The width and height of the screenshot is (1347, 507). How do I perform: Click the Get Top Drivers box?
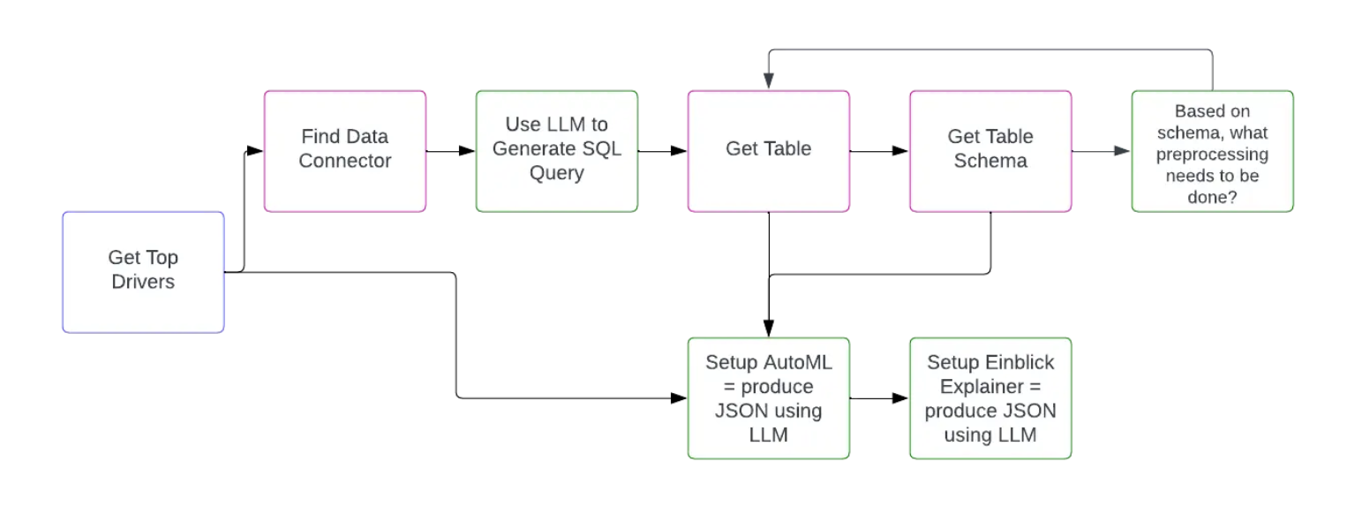143,271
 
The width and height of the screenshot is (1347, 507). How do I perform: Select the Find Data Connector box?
344,150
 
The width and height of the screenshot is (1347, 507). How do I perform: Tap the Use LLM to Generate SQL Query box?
556,150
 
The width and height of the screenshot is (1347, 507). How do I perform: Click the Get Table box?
768,150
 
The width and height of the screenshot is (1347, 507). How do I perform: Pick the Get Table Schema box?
990,150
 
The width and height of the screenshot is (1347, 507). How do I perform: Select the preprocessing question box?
1212,150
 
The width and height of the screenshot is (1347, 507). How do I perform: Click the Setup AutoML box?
768,397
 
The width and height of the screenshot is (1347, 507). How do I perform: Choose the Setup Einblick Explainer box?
990,397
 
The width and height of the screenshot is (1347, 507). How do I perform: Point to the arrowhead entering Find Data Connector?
255,151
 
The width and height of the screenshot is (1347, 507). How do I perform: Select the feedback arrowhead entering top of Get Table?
769,82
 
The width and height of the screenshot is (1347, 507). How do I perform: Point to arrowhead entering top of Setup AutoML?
769,329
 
